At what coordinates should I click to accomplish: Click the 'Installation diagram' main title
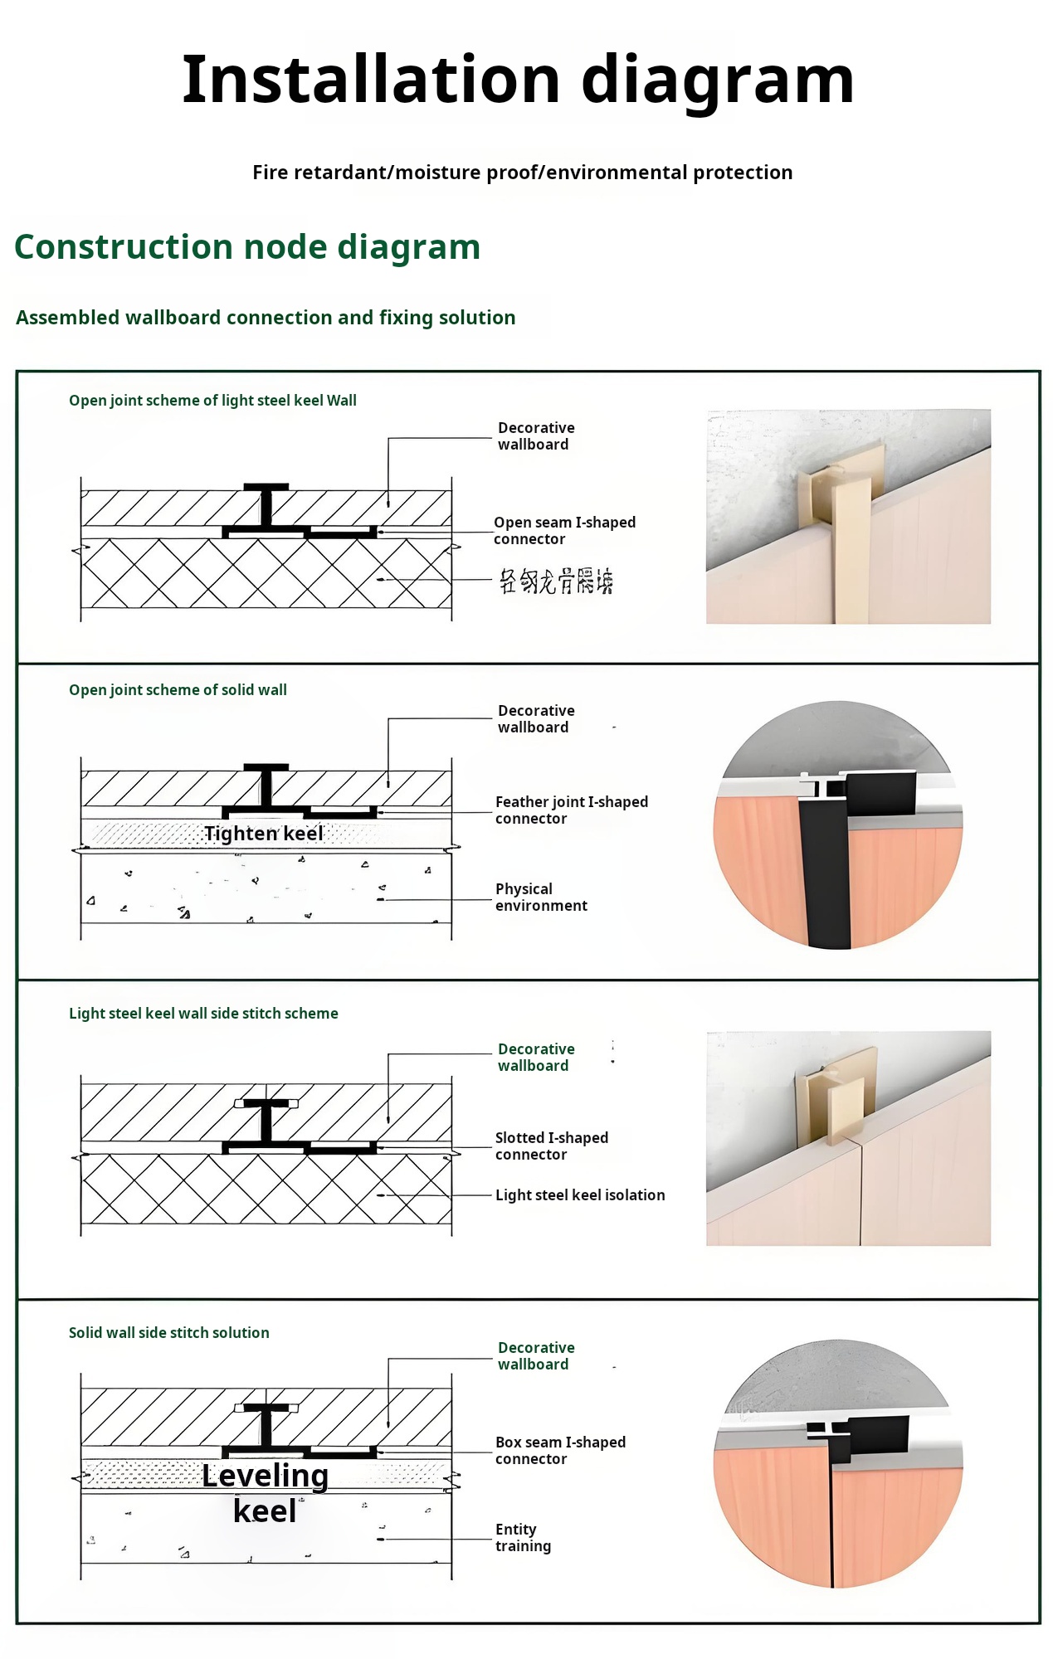click(518, 80)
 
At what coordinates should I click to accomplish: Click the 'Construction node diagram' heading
click(247, 247)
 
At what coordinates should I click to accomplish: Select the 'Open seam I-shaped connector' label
click(564, 531)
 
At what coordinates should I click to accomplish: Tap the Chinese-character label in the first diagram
click(555, 581)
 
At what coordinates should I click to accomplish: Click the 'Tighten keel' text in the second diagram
click(263, 834)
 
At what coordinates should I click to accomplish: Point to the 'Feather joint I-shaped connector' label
click(571, 810)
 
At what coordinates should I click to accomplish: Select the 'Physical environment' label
click(541, 898)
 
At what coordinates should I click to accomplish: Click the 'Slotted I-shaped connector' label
click(551, 1146)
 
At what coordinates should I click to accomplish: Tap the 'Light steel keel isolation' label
click(580, 1195)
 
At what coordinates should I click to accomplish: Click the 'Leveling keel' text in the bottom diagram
click(265, 1493)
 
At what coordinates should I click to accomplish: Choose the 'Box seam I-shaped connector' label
click(560, 1451)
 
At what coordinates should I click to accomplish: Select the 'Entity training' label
click(523, 1538)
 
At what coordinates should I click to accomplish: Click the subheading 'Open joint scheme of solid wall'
click(178, 690)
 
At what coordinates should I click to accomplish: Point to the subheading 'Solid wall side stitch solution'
click(168, 1333)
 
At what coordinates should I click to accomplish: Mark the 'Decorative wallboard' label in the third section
click(536, 1058)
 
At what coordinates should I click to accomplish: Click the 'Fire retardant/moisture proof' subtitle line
click(522, 173)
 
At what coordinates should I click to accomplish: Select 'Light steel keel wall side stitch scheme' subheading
click(203, 1014)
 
